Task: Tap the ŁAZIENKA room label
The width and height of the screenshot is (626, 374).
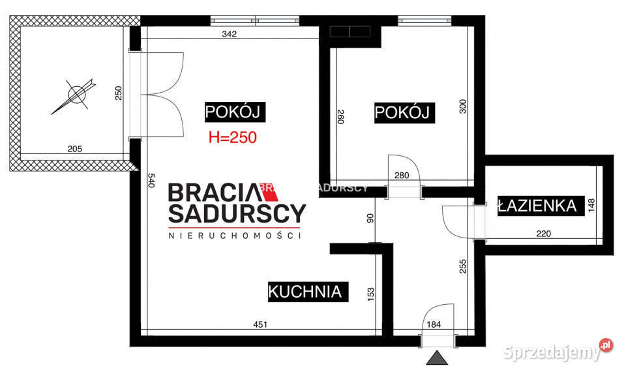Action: tap(537, 206)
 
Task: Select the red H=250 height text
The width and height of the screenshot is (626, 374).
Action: tap(231, 137)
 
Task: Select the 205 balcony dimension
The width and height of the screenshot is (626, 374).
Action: tap(75, 149)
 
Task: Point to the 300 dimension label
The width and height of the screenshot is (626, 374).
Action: tap(463, 106)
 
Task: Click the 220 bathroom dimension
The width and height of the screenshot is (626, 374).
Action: tap(544, 233)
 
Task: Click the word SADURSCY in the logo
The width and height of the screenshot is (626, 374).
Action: tap(237, 213)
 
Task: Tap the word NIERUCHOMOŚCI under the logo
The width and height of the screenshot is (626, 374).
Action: tap(234, 236)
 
